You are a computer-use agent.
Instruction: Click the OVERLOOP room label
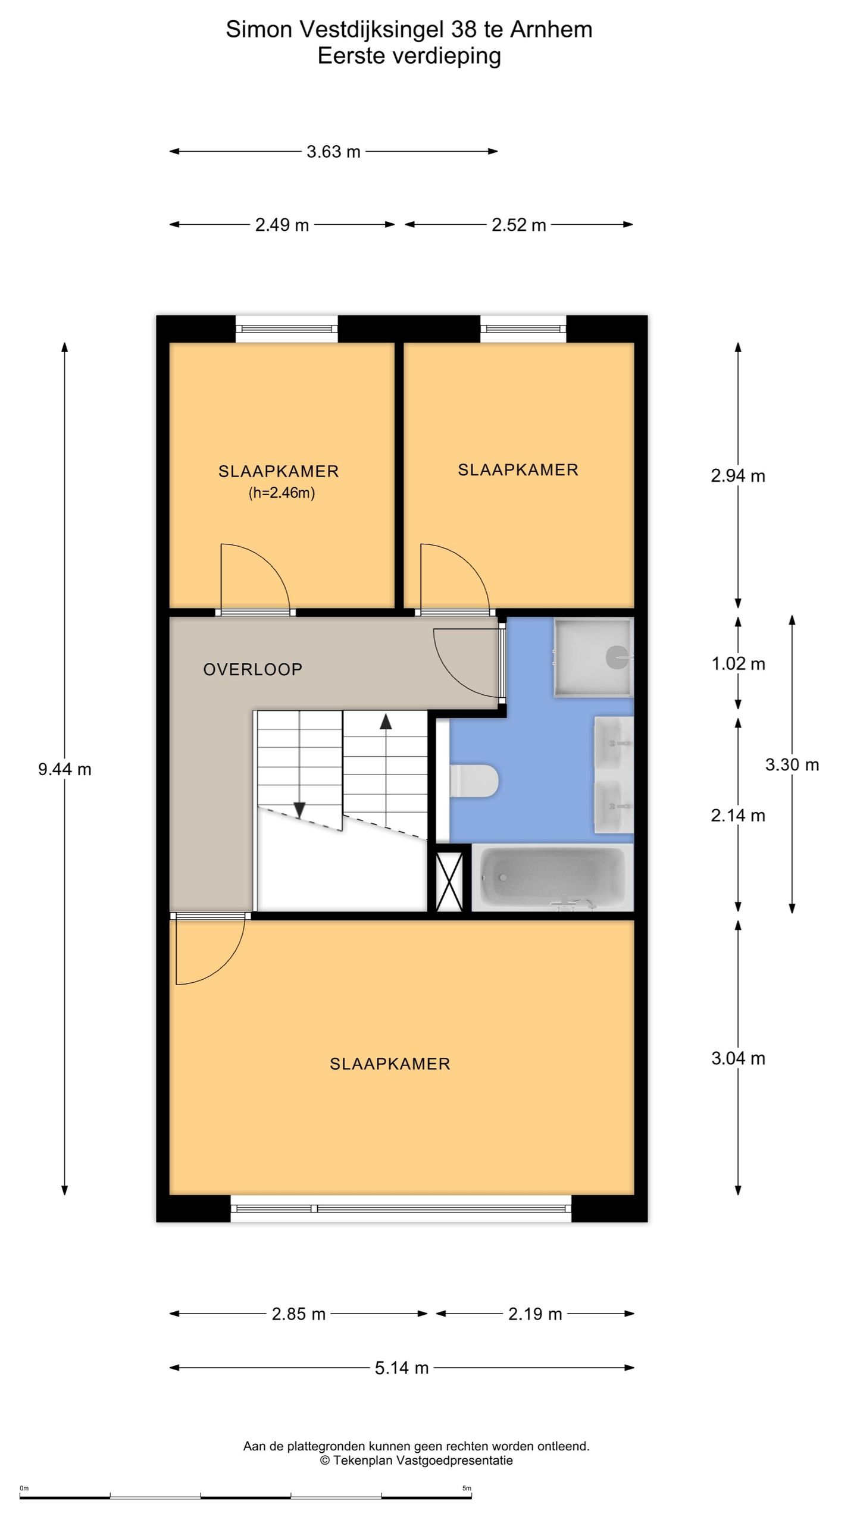click(x=253, y=669)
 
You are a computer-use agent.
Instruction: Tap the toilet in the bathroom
click(x=474, y=781)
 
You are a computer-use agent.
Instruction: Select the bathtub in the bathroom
click(x=552, y=878)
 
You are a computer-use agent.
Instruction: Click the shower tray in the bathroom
click(x=593, y=657)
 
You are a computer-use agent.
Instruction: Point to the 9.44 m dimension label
click(x=65, y=769)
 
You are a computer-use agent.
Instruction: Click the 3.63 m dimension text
click(x=333, y=152)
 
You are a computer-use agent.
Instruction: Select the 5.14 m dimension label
click(x=402, y=1368)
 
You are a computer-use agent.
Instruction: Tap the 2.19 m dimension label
click(x=535, y=1314)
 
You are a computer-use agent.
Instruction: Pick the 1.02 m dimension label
click(x=738, y=663)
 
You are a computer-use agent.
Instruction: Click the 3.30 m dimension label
click(x=792, y=764)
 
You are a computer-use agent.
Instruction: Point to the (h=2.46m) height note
click(x=282, y=493)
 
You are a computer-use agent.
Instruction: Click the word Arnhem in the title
click(x=551, y=29)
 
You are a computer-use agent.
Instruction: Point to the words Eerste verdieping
click(x=409, y=56)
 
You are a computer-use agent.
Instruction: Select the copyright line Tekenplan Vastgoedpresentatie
click(x=416, y=1461)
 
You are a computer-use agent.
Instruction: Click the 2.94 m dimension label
click(x=738, y=476)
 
